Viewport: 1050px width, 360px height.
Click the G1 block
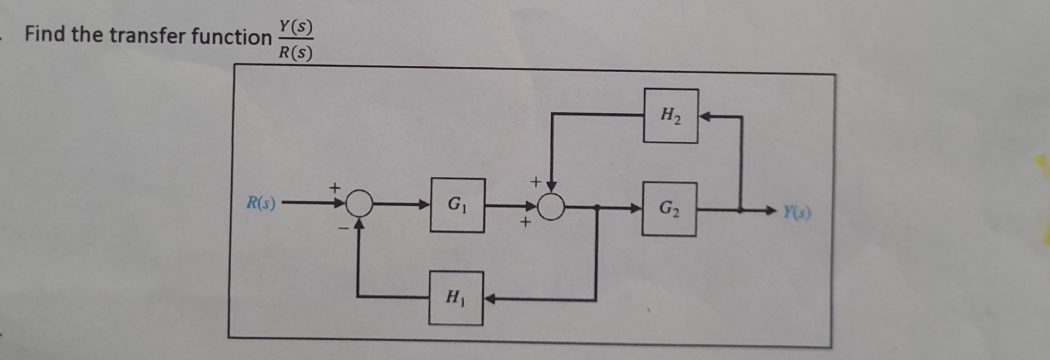(457, 205)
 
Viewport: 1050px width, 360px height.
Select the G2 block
(669, 209)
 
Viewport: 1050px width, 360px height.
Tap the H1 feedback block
(456, 298)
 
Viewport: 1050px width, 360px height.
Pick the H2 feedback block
(670, 115)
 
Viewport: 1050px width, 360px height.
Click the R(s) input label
(261, 204)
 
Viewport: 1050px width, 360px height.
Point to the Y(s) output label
(797, 211)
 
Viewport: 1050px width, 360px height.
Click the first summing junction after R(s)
(359, 205)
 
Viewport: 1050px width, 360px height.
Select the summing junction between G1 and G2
(551, 207)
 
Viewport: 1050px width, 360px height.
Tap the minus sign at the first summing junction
(342, 227)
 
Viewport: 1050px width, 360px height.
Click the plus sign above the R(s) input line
(334, 188)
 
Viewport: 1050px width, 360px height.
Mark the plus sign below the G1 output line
(525, 223)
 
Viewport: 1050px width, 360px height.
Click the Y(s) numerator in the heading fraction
(295, 26)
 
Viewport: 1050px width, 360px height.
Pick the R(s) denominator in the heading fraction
(295, 53)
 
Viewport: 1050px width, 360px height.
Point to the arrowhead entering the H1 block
(489, 299)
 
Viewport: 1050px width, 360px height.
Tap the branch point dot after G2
(740, 210)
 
